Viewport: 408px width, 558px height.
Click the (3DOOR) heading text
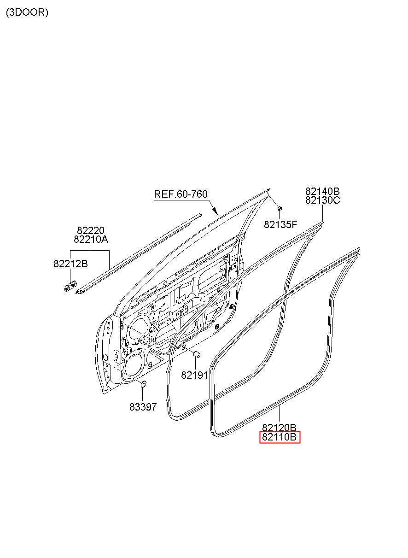point(27,12)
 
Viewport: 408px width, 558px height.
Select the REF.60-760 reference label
point(181,194)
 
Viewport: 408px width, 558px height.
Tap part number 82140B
point(322,191)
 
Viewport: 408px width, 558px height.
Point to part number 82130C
point(322,200)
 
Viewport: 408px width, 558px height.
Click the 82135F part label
point(280,225)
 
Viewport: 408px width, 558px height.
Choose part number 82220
point(90,230)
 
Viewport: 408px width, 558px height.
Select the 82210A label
point(91,240)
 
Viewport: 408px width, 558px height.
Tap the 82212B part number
point(70,264)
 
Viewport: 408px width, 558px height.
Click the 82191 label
point(194,375)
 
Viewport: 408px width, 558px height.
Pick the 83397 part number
point(143,407)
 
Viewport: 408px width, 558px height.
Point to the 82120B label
point(279,428)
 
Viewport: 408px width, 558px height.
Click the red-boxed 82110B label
point(280,437)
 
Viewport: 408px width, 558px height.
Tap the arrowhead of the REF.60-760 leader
point(215,213)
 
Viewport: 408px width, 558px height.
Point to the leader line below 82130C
point(322,213)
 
